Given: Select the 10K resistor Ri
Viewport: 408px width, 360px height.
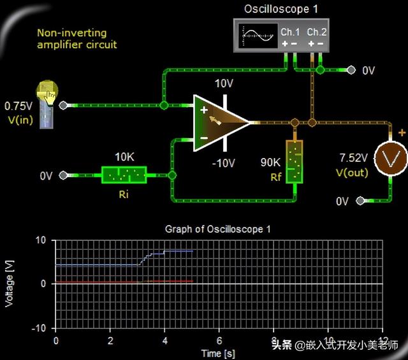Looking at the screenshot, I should click(x=124, y=175).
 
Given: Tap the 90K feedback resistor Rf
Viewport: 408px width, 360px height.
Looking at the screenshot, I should click(x=294, y=162).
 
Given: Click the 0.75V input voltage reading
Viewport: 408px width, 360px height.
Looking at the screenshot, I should click(x=18, y=105).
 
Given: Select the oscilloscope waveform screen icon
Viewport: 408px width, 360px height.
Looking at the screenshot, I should click(x=257, y=34).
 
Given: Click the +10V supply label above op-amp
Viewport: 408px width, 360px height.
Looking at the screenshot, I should click(x=224, y=83).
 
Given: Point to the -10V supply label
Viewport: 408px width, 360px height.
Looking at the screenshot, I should click(x=224, y=163).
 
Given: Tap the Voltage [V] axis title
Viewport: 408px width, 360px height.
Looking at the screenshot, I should click(x=10, y=283).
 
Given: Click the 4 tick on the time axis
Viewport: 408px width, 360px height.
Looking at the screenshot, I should click(x=164, y=341).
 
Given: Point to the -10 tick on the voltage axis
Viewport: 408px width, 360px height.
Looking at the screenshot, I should click(x=40, y=328).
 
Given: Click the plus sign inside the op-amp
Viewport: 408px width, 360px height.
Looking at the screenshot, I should click(x=204, y=110).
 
